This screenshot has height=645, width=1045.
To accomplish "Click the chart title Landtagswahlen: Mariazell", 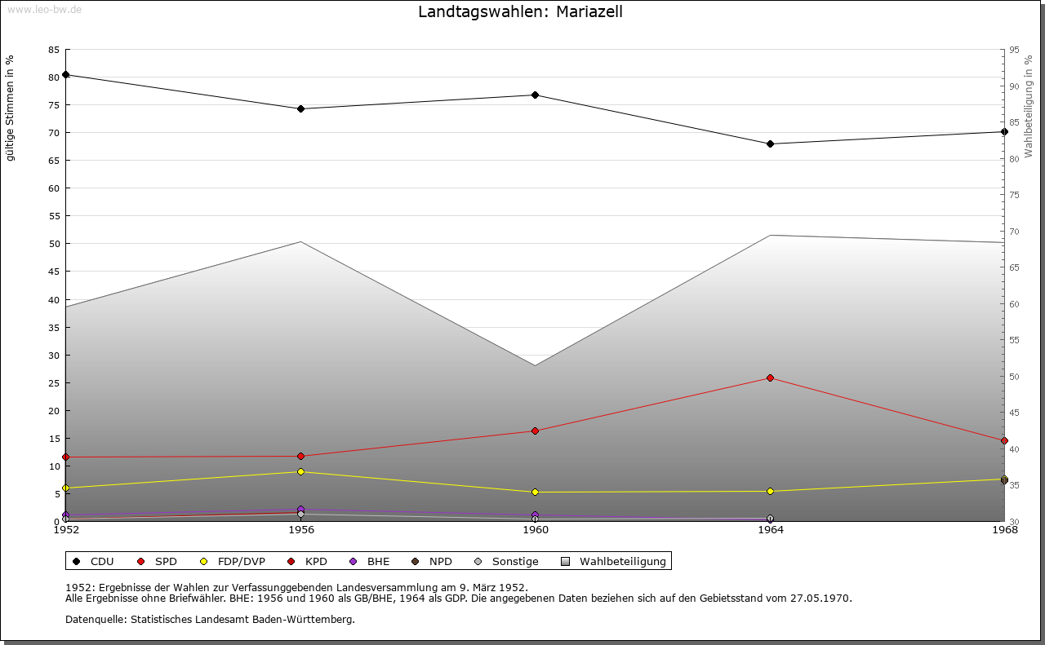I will tap(520, 12).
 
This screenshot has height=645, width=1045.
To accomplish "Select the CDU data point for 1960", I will tap(536, 95).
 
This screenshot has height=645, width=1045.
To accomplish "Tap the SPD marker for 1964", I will tap(770, 378).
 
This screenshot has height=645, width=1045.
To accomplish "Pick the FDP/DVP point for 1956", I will tap(300, 472).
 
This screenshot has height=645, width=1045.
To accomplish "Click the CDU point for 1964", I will tap(770, 144).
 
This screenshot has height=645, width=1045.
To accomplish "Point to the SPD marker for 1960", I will tap(536, 431).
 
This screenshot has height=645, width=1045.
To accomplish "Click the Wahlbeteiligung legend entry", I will tap(622, 562).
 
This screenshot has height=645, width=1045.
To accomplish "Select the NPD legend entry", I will tap(440, 562).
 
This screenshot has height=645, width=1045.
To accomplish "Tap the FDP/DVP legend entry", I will tap(241, 562).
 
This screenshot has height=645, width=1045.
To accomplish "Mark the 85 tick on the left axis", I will tap(53, 50).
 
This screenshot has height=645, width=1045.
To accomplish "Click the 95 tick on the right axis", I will tap(1014, 50).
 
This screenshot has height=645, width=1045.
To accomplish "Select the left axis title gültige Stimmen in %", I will tap(11, 108).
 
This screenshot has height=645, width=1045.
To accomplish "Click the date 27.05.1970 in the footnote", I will tap(820, 599).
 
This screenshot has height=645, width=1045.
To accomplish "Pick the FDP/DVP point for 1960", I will tap(536, 493).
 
